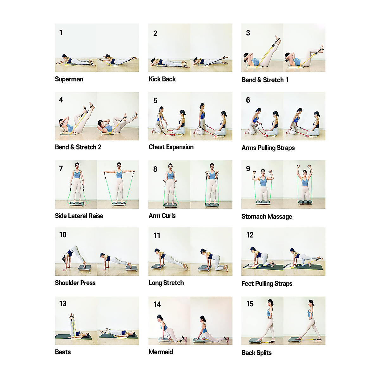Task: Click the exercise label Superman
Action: [x=69, y=79]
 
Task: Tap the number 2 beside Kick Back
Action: [x=155, y=34]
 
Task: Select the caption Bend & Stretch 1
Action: [x=265, y=80]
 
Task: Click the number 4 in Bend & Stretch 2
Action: [x=61, y=100]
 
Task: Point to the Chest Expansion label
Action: [x=171, y=147]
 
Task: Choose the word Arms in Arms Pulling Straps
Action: [x=249, y=148]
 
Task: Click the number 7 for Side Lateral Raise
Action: [x=61, y=168]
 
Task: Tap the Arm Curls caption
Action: [x=162, y=216]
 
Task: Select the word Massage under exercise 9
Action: [x=279, y=217]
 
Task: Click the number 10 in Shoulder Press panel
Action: [x=63, y=235]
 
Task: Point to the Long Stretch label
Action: [x=166, y=283]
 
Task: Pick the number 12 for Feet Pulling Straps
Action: [x=250, y=235]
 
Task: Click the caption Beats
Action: [x=63, y=352]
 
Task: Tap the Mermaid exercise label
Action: [x=161, y=352]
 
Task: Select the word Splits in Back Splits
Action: [x=264, y=353]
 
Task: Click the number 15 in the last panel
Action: [x=250, y=304]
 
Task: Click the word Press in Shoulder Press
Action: [x=88, y=283]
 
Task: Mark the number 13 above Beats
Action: [x=63, y=304]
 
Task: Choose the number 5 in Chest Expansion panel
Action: [x=155, y=101]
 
